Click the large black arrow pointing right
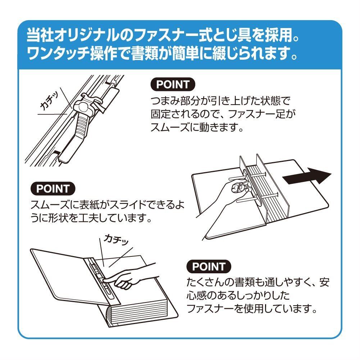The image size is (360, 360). [307, 176]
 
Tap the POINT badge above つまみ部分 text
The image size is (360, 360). [173, 85]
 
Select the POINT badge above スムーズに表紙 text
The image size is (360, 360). [53, 189]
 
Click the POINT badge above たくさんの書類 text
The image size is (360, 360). [209, 266]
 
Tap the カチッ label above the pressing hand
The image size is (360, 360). [116, 240]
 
